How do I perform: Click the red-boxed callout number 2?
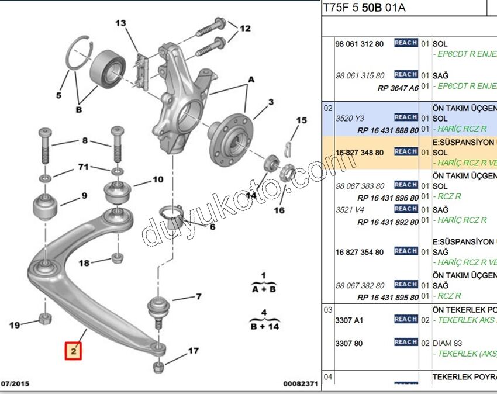pos(74,351)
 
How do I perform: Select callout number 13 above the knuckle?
pos(120,23)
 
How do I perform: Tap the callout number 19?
pos(15,324)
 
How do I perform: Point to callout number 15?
pos(301,121)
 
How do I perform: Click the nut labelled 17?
pos(158,368)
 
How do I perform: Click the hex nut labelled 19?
pos(44,319)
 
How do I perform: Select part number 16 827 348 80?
pos(360,153)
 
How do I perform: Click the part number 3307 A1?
pos(349,320)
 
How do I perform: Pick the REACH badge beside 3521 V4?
pos(406,209)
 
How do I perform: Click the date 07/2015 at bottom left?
pos(15,384)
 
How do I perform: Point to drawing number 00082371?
pos(301,384)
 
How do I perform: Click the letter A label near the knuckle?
pos(251,79)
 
